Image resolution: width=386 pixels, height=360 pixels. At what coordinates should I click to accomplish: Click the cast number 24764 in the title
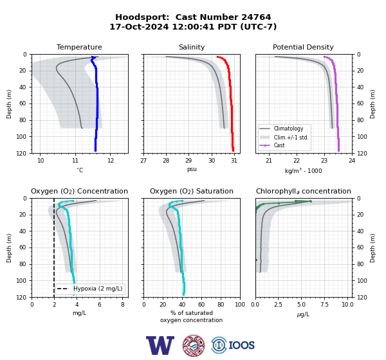pyautogui.click(x=256, y=17)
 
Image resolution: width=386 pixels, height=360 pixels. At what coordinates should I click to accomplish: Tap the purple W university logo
pyautogui.click(x=160, y=345)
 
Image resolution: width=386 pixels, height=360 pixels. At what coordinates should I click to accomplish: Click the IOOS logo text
pyautogui.click(x=241, y=345)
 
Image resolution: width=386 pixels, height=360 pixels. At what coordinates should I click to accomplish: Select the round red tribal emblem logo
pyautogui.click(x=194, y=345)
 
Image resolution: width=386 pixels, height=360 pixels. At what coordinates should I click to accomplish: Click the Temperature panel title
pyautogui.click(x=79, y=47)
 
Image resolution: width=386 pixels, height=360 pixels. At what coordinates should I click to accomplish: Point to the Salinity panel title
pyautogui.click(x=192, y=47)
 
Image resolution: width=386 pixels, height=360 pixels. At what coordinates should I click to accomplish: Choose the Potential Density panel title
pyautogui.click(x=303, y=47)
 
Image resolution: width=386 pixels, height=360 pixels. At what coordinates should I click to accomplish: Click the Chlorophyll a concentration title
pyautogui.click(x=304, y=191)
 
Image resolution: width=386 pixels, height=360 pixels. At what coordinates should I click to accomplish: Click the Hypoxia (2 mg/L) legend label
pyautogui.click(x=98, y=289)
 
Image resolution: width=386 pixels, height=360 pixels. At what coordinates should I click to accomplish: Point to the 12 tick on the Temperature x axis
pyautogui.click(x=111, y=161)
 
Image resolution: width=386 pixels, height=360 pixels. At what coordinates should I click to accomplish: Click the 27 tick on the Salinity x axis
pyautogui.click(x=143, y=161)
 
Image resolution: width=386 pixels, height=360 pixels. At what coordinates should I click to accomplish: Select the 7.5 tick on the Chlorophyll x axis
pyautogui.click(x=324, y=305)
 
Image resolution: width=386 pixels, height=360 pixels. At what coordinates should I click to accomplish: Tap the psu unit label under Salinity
pyautogui.click(x=192, y=169)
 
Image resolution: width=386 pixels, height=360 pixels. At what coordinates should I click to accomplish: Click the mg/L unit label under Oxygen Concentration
pyautogui.click(x=80, y=313)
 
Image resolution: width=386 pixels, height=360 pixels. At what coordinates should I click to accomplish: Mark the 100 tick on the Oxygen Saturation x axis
pyautogui.click(x=240, y=305)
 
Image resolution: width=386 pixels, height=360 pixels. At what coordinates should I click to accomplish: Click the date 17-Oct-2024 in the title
pyautogui.click(x=139, y=26)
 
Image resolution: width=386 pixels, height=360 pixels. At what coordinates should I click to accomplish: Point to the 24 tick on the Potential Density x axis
pyautogui.click(x=352, y=161)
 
